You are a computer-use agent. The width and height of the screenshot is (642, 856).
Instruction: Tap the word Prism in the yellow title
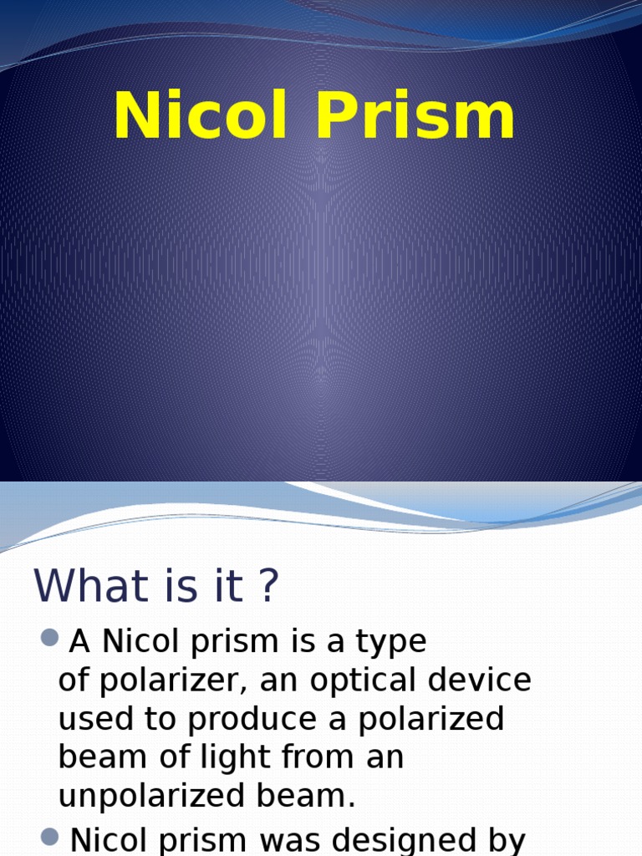tap(415, 117)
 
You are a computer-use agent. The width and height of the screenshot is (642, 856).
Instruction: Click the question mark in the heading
tap(267, 585)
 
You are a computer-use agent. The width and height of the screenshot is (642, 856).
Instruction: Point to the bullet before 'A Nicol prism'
tap(49, 639)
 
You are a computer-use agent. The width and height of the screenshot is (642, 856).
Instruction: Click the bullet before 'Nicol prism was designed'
tap(49, 836)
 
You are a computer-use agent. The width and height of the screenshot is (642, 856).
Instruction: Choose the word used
tap(91, 720)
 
